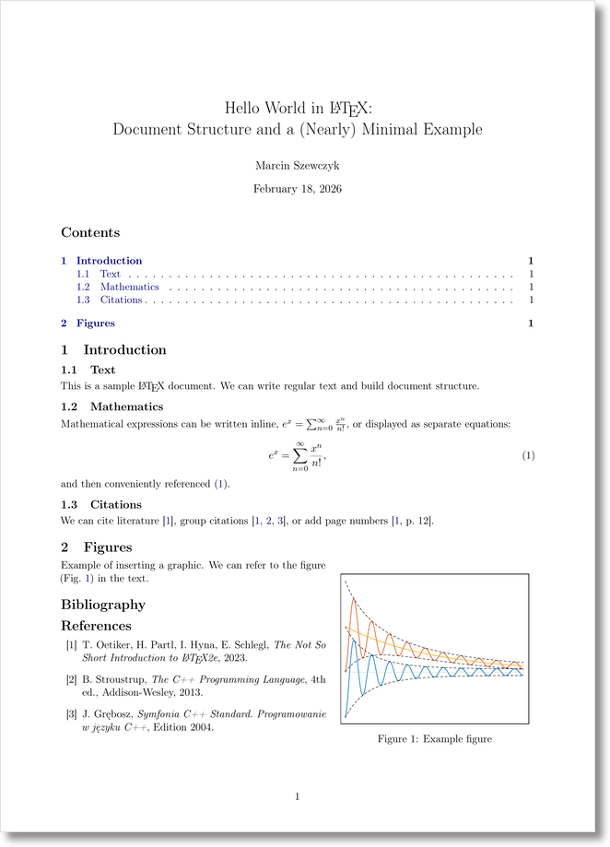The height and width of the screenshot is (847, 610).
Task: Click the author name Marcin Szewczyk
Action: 297,165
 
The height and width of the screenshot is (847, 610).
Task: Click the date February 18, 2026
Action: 297,189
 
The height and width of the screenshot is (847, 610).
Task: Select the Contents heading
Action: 90,233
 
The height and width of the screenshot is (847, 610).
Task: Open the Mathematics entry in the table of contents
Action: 129,287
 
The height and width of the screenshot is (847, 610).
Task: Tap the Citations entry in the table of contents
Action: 121,300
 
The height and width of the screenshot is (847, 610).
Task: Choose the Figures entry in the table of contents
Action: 95,324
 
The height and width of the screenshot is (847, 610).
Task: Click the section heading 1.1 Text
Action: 88,370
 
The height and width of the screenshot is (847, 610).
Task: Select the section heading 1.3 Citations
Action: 101,504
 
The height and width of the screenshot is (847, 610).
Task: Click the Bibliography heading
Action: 103,605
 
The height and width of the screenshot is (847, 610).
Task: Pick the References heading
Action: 96,626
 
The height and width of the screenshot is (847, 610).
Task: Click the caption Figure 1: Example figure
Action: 434,738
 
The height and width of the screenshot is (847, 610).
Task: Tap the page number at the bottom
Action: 297,796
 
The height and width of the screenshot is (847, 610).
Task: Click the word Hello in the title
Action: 245,108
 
